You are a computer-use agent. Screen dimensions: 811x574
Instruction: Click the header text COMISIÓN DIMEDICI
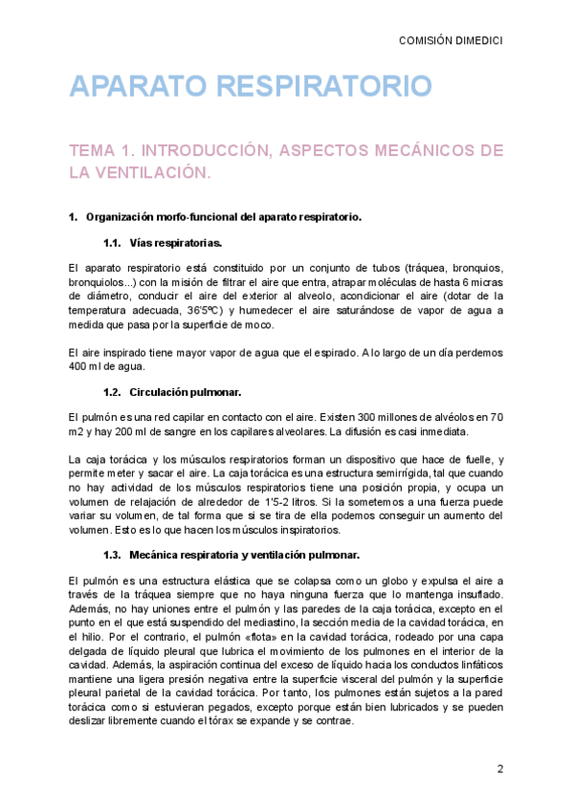[451, 40]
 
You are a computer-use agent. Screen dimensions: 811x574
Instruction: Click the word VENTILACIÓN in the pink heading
[155, 172]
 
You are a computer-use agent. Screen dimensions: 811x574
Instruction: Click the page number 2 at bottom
[499, 769]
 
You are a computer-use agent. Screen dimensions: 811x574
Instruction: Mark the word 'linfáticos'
[475, 662]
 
